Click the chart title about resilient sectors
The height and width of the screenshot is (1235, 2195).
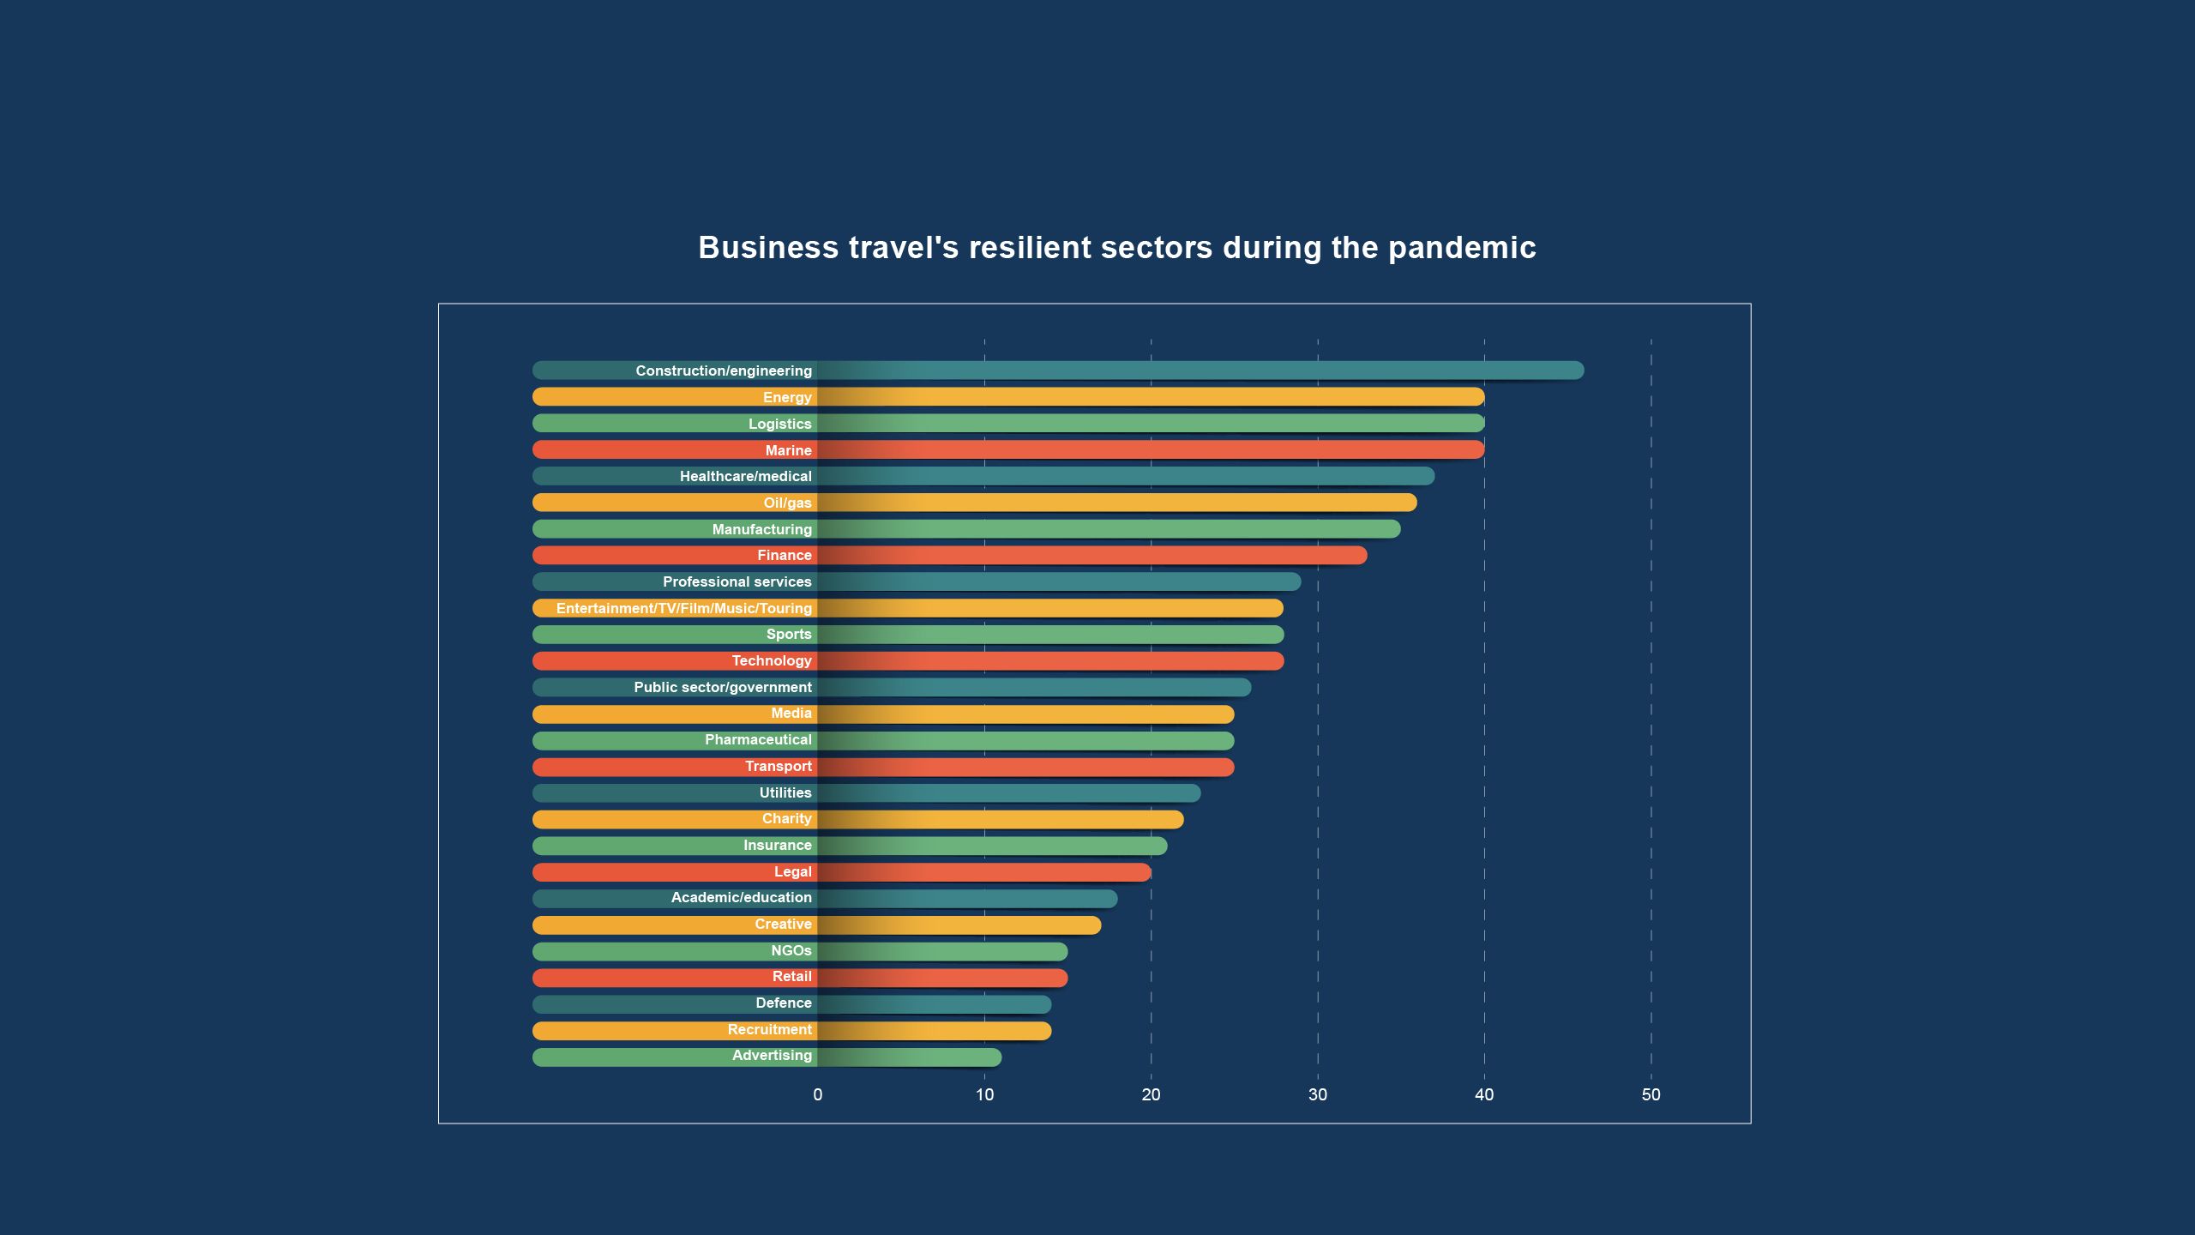[1116, 248]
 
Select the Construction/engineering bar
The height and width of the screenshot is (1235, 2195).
[1200, 370]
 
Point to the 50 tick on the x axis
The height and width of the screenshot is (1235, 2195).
[1651, 1094]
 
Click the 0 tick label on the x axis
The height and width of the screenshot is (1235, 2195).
[817, 1094]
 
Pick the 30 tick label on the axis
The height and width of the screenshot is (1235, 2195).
[1317, 1094]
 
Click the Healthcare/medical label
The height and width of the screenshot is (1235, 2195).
[745, 476]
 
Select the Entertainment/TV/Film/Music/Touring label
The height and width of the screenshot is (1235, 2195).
[683, 608]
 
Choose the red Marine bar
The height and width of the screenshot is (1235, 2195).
[1149, 449]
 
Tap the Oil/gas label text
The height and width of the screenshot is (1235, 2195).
[787, 503]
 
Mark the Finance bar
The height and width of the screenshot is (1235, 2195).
[1089, 555]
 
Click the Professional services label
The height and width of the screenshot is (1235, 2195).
[737, 581]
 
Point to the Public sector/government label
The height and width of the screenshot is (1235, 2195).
[722, 687]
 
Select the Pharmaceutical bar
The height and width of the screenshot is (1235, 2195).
[1025, 740]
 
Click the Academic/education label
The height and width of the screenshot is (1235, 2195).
[741, 897]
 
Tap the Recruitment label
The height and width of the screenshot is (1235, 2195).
[769, 1029]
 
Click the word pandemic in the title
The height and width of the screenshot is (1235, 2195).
[1461, 248]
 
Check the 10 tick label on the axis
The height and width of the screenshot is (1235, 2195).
[984, 1094]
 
